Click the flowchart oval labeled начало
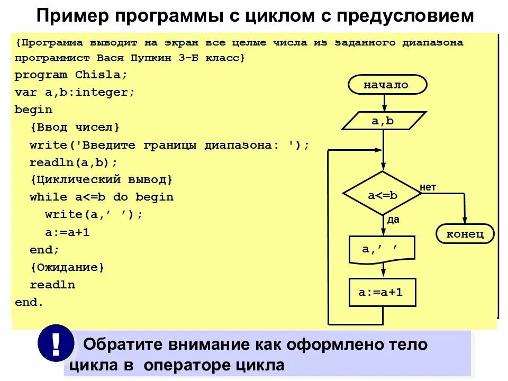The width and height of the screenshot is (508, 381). [386, 85]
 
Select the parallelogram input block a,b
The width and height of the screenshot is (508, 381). [384, 121]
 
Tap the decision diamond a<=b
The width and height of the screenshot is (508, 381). [383, 194]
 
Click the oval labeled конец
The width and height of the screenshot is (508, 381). [466, 233]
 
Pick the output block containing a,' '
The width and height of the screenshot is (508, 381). [381, 249]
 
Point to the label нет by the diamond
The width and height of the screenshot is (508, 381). [428, 186]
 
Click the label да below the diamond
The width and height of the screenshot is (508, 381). [393, 220]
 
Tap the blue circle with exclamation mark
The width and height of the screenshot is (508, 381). [56, 343]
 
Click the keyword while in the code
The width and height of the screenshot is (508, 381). [48, 197]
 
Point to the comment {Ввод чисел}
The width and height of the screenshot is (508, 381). [75, 127]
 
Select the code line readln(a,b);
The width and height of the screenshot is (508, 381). [74, 162]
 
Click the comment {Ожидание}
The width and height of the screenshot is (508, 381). [67, 267]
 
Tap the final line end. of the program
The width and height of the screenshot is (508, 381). [29, 302]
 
